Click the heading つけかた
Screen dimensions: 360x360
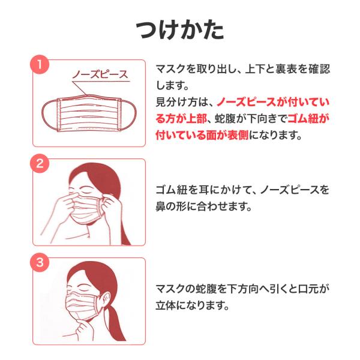click(x=180, y=30)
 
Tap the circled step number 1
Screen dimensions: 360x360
click(x=40, y=65)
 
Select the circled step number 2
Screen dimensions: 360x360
click(x=40, y=163)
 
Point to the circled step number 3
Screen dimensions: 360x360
click(x=40, y=262)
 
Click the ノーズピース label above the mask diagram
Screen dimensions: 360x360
click(x=100, y=74)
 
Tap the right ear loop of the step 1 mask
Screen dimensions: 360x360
click(x=128, y=115)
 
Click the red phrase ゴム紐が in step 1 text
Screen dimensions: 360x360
click(x=308, y=118)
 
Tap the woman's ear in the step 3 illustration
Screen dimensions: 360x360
click(x=104, y=298)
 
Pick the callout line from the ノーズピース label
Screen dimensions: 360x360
click(x=79, y=88)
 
